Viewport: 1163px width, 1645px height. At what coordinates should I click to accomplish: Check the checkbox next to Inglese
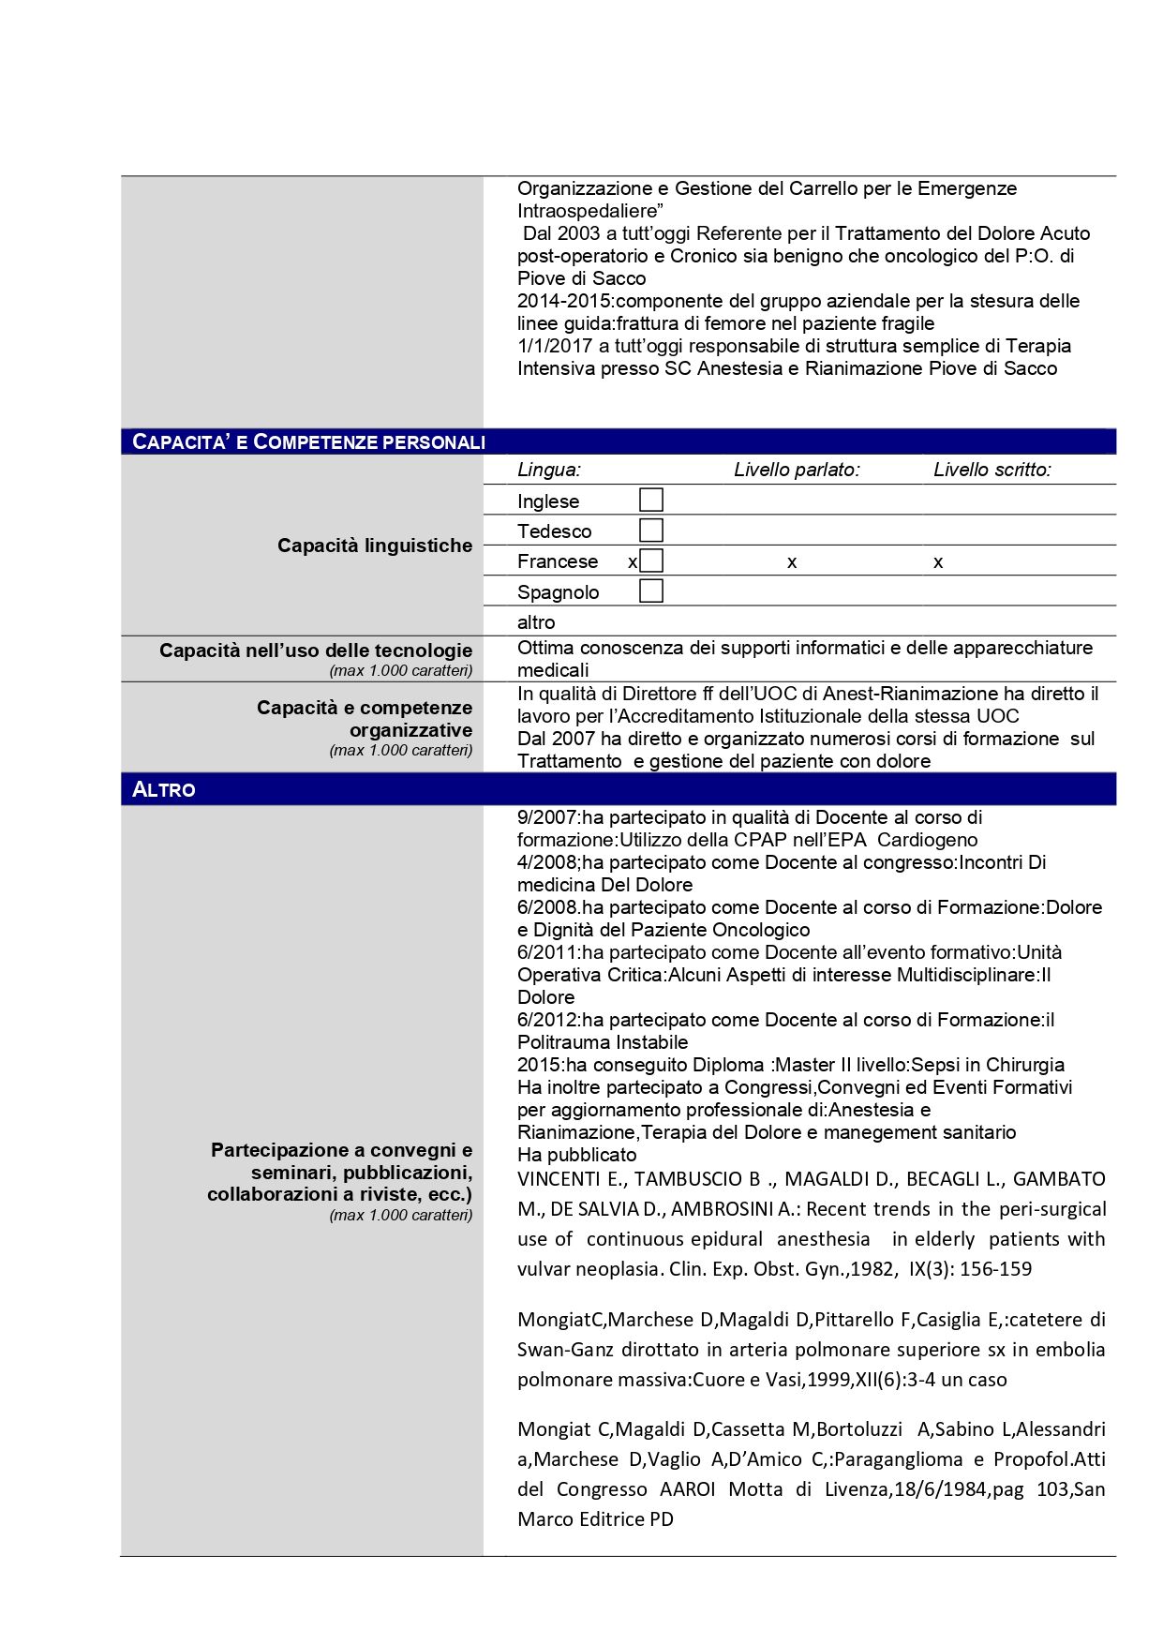(x=650, y=500)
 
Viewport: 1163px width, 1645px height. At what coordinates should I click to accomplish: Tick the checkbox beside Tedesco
(x=650, y=531)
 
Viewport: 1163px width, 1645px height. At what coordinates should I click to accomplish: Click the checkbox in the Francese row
(x=651, y=561)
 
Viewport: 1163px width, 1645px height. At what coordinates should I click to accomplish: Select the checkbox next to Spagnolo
(x=650, y=591)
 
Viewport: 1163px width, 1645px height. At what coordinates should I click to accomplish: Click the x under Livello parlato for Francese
(x=792, y=562)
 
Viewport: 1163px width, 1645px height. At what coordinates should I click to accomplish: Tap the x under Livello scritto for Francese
(x=938, y=562)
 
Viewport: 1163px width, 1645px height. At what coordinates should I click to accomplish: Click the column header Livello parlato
(x=797, y=470)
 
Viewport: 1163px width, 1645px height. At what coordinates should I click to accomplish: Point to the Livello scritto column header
(x=992, y=470)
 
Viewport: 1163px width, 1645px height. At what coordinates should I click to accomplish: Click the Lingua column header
(x=548, y=470)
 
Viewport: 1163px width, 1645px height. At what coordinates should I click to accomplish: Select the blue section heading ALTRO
(x=164, y=789)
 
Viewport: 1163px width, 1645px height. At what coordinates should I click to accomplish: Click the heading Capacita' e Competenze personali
(x=308, y=441)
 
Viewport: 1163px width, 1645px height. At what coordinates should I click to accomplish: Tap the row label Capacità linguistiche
(x=374, y=546)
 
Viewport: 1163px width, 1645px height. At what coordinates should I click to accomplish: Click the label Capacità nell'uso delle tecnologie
(x=315, y=651)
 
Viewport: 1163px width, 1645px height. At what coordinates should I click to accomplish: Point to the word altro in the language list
(x=536, y=622)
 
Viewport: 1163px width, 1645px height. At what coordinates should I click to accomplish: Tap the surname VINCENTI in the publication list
(x=559, y=1179)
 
